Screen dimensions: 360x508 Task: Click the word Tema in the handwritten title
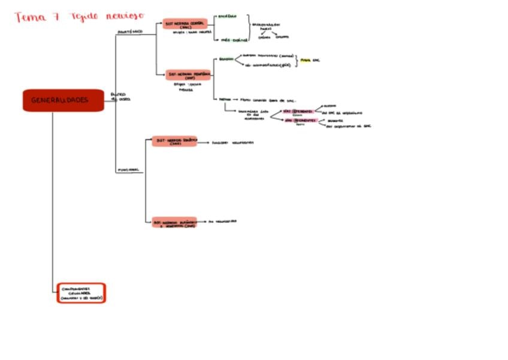[28, 17]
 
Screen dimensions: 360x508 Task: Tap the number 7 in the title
[55, 17]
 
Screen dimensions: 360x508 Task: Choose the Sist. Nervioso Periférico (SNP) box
[189, 75]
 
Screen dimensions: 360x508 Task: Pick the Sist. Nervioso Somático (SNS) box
[174, 141]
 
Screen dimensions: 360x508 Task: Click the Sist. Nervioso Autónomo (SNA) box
[174, 222]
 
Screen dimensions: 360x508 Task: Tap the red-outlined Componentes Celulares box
[81, 293]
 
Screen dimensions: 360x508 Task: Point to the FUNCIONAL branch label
[128, 170]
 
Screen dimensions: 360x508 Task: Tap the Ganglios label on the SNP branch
[226, 59]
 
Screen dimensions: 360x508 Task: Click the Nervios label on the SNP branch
[225, 99]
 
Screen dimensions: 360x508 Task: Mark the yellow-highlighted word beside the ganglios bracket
[306, 61]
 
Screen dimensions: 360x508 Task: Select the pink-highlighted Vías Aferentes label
[297, 111]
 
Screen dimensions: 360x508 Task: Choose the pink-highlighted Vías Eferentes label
[300, 120]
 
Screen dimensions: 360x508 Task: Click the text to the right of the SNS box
[233, 143]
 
